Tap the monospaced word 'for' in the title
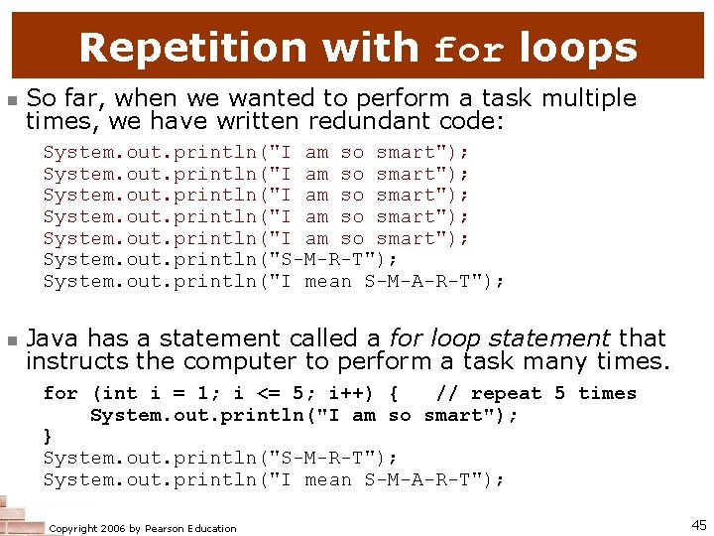tap(471, 50)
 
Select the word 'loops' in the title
tap(577, 48)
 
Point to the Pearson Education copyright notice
tap(143, 528)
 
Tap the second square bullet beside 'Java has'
tap(11, 340)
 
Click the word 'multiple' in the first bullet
tap(586, 98)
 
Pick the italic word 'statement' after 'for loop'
tap(559, 338)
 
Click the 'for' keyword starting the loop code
tap(60, 393)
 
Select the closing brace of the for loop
tap(49, 437)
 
